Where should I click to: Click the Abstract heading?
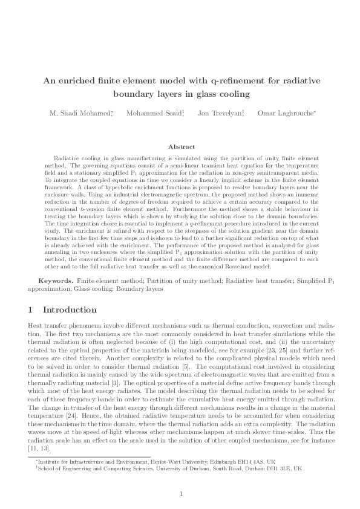(180, 147)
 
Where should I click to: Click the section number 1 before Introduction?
(31, 310)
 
